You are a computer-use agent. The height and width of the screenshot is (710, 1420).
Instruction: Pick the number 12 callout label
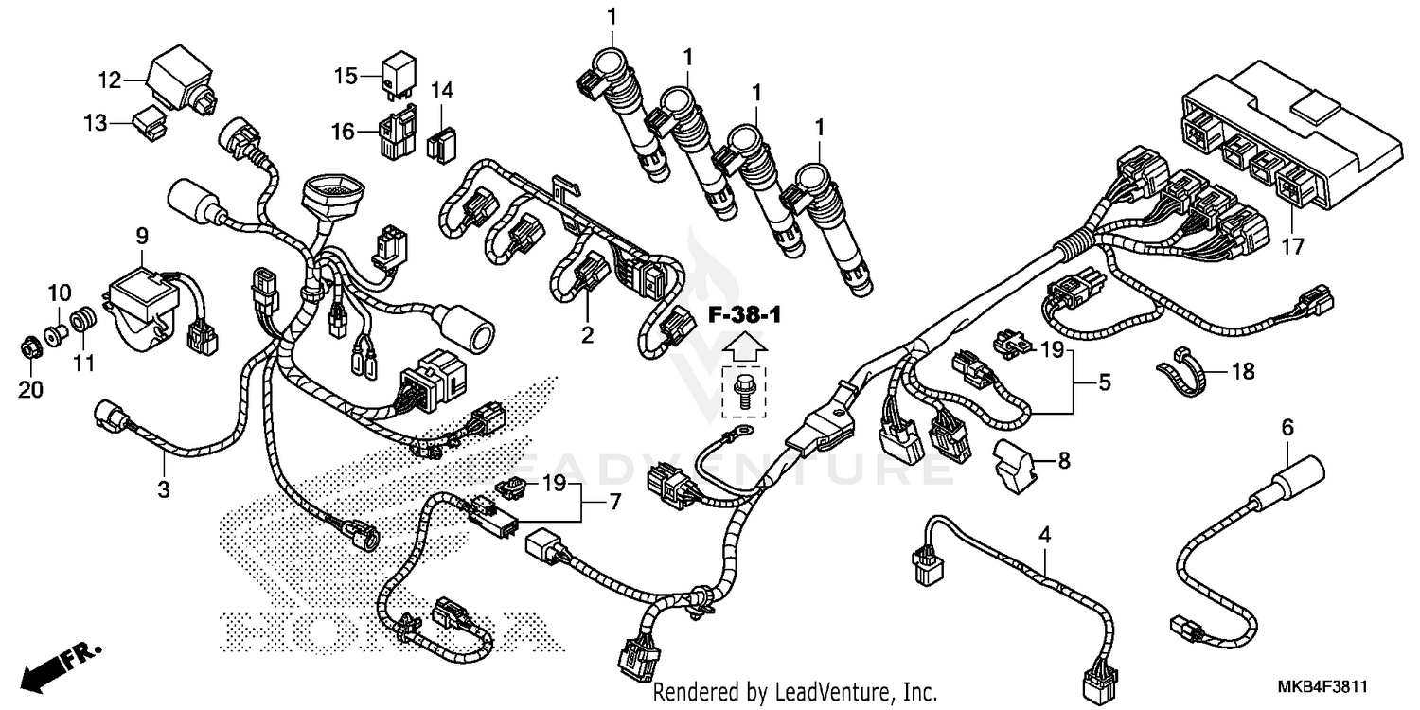[x=111, y=80]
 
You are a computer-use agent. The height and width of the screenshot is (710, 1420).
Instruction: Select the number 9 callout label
[x=142, y=233]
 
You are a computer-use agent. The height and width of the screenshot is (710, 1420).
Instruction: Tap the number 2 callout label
[x=587, y=334]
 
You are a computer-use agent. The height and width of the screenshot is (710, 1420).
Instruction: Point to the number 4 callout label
[x=1044, y=535]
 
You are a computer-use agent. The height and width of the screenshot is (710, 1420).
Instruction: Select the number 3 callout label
[x=164, y=488]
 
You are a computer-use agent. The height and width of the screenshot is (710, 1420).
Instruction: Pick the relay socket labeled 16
[x=399, y=135]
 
